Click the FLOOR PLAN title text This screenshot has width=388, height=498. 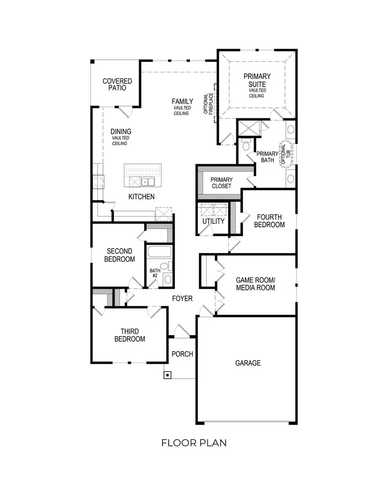[194, 443]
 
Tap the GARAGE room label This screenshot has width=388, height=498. [248, 363]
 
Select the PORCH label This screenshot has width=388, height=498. [182, 354]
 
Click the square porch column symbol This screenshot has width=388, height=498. [167, 375]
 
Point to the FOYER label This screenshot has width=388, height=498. [182, 298]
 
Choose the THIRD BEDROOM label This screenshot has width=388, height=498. [133, 335]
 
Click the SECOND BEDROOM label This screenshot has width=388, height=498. [119, 255]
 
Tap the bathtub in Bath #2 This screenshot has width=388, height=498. [159, 253]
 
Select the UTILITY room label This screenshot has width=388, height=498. [213, 221]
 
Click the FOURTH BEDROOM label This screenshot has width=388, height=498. [270, 221]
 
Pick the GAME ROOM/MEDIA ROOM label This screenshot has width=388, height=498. [255, 284]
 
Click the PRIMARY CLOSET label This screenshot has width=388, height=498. [222, 183]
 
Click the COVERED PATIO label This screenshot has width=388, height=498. [117, 84]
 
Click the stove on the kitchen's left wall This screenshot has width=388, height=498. [98, 181]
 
